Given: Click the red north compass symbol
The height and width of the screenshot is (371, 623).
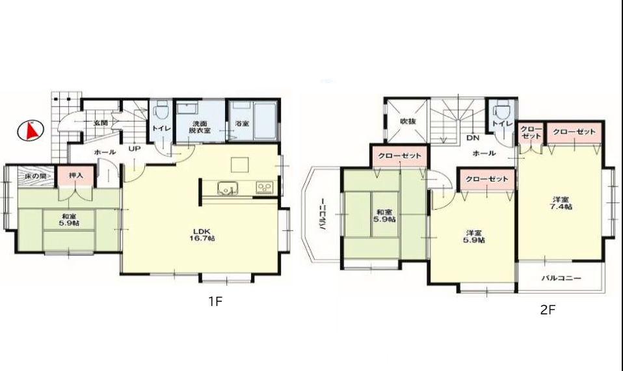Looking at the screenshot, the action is click(x=31, y=131).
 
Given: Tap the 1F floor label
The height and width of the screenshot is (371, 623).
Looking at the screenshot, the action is click(x=215, y=301).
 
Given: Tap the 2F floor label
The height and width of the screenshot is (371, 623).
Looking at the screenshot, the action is click(x=548, y=310).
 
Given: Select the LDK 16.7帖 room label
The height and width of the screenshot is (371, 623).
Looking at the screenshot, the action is click(x=204, y=234).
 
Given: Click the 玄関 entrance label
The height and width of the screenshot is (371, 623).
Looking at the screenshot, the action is click(x=101, y=123).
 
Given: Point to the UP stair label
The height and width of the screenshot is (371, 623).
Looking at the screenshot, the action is click(x=135, y=148).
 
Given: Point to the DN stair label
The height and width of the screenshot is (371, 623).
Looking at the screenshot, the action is click(x=473, y=138).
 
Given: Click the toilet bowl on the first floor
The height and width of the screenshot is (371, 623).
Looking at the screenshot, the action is click(x=161, y=111).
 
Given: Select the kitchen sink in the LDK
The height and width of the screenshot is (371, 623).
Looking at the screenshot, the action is click(x=228, y=188).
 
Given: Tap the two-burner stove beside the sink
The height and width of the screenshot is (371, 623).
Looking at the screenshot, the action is click(x=265, y=187).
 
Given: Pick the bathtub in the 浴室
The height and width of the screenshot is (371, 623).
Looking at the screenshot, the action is click(x=265, y=121).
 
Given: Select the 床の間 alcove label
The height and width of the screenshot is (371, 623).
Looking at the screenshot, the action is click(x=35, y=175).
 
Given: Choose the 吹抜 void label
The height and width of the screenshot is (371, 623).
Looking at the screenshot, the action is click(x=408, y=121).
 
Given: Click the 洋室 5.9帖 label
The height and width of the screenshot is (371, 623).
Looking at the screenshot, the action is click(x=473, y=237).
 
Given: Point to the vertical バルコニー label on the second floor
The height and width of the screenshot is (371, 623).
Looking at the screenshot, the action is click(x=323, y=214).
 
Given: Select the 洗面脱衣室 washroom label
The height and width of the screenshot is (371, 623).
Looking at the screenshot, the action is click(x=200, y=127).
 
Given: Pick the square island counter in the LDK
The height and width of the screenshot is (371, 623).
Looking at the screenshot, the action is click(x=239, y=165).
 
